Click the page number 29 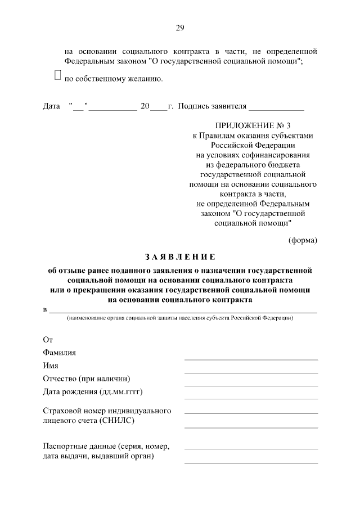pyautogui.click(x=180, y=28)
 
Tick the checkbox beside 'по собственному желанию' pyautogui.click(x=57, y=75)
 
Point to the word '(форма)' pyautogui.click(x=303, y=241)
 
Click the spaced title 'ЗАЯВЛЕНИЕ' pyautogui.click(x=180, y=258)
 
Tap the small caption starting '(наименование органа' pyautogui.click(x=179, y=318)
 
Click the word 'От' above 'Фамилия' pyautogui.click(x=48, y=340)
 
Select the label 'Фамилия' pyautogui.click(x=59, y=353)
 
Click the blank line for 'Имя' pyautogui.click(x=251, y=372)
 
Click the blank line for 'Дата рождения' pyautogui.click(x=251, y=398)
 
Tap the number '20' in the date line pyautogui.click(x=145, y=106)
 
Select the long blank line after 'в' pyautogui.click(x=182, y=311)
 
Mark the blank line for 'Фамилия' pyautogui.click(x=251, y=359)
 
